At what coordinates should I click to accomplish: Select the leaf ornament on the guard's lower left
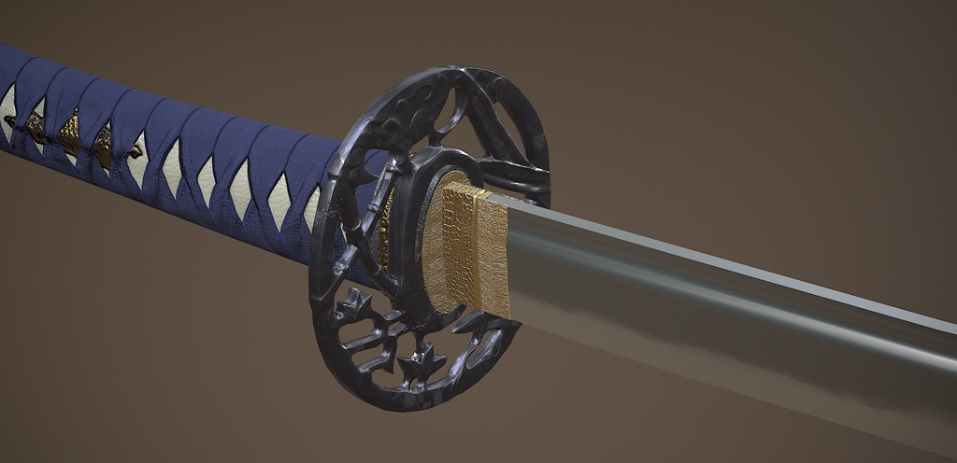(x=354, y=304)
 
